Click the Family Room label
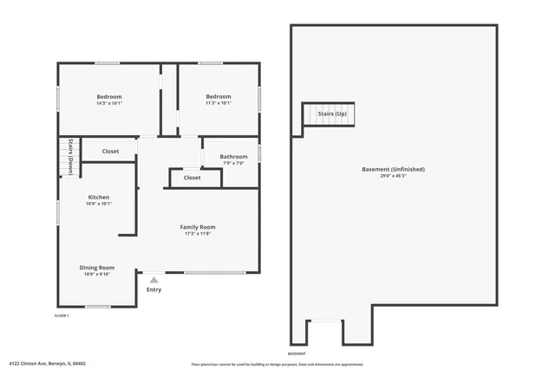tap(198, 226)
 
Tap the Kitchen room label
tap(98, 197)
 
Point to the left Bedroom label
tap(109, 96)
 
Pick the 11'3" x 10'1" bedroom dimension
tap(219, 103)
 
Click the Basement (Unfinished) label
tap(393, 169)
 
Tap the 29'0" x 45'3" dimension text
tap(393, 176)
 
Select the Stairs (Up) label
tap(332, 114)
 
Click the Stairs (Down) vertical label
tap(69, 157)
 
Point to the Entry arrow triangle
tap(153, 280)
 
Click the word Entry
tap(153, 289)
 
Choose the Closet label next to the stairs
tap(111, 152)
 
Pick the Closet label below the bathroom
tap(193, 178)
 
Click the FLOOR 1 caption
tap(62, 315)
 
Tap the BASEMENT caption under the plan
tap(297, 354)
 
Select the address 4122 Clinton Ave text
tap(48, 363)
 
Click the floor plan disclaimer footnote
tap(277, 365)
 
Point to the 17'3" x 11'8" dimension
tap(198, 234)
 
